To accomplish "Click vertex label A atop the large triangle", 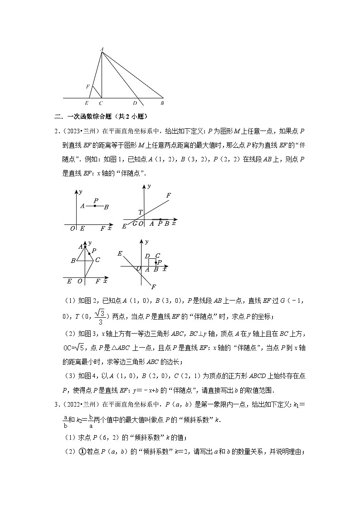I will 102,48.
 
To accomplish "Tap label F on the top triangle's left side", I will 88,86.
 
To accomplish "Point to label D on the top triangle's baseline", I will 135,103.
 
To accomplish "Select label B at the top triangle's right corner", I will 162,103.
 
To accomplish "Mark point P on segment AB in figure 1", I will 95,206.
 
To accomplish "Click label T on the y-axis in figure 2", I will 140,213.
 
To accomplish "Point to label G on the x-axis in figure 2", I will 135,223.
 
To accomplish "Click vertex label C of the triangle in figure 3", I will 97,260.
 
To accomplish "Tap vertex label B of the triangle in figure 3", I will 73,261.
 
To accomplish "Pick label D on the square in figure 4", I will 147,256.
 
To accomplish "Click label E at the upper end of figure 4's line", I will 120,253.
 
